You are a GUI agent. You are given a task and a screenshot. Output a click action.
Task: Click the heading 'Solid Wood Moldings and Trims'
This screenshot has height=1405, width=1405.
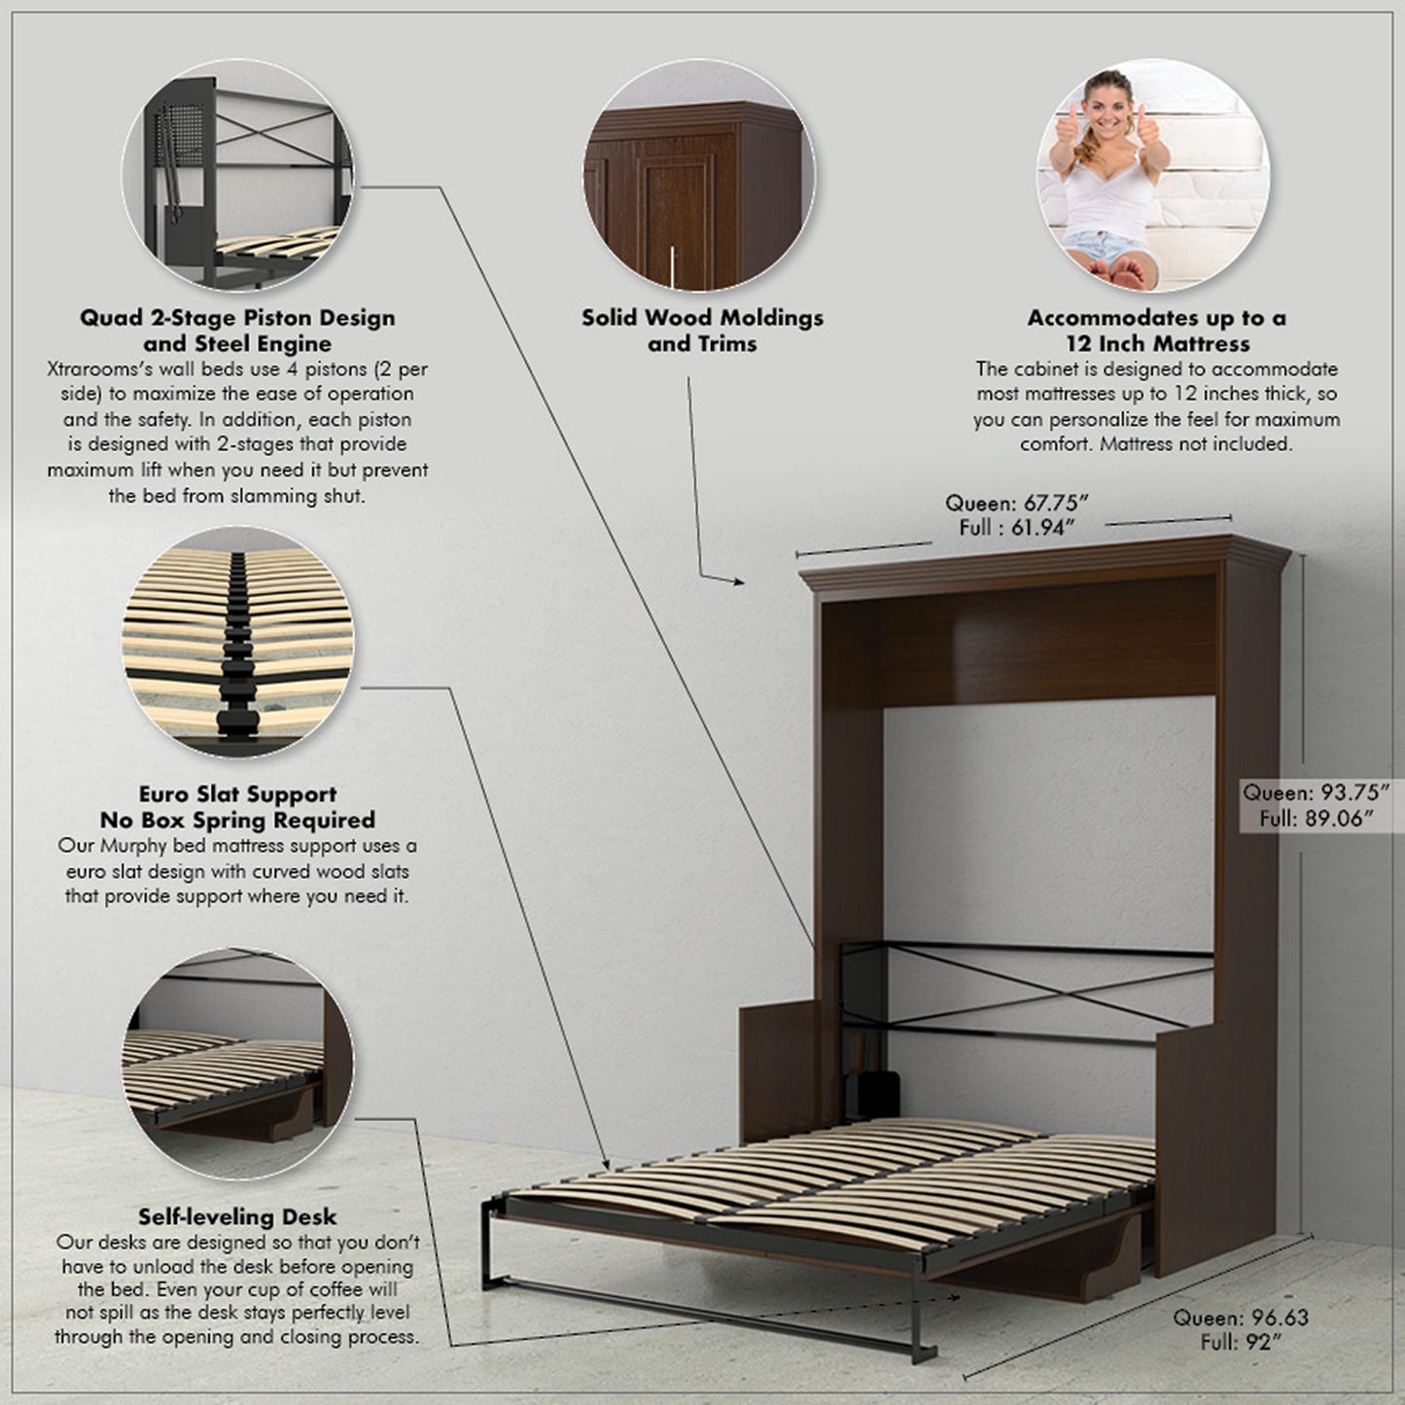click(702, 331)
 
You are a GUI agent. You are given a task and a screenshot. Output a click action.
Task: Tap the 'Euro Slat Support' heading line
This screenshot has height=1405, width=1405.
click(237, 794)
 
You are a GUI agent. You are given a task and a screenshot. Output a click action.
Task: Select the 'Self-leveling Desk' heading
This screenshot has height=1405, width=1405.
click(237, 1216)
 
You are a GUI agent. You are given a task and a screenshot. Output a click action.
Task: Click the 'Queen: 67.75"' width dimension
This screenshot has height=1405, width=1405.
click(1016, 503)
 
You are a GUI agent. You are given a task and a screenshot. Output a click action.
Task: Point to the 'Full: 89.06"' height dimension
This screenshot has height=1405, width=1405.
click(1316, 819)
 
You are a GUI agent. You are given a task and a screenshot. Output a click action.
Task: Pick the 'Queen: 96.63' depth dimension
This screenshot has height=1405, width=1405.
click(1240, 1318)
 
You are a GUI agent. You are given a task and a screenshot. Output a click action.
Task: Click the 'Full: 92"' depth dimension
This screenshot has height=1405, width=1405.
click(1240, 1343)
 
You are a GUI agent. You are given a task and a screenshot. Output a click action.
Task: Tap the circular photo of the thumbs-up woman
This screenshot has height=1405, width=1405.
click(1152, 175)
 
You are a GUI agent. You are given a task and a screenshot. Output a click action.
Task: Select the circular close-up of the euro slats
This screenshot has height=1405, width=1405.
click(238, 644)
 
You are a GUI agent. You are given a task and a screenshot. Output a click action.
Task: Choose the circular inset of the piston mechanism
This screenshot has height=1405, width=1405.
click(238, 175)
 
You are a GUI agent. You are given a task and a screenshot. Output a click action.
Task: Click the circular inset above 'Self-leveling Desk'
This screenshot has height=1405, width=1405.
click(238, 1065)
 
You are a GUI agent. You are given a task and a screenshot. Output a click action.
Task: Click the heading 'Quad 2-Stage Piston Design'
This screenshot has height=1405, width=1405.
click(237, 318)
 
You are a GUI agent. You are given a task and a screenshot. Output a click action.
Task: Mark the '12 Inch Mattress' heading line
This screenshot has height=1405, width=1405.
click(1157, 343)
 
